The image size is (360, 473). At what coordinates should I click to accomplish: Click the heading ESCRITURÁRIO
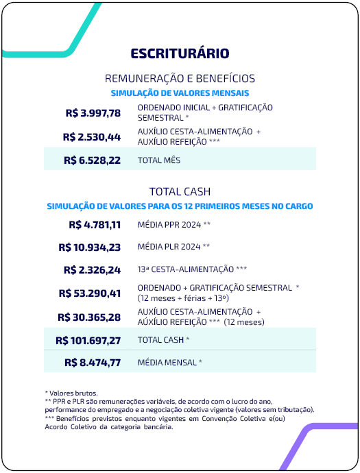coord(180,53)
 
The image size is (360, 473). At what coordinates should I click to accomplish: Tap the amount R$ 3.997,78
coord(92,113)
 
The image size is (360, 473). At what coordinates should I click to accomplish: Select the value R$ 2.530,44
coord(92,136)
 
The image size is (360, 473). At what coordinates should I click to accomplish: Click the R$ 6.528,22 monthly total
coord(92,160)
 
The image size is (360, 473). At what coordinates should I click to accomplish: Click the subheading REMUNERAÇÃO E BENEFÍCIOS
coord(180,78)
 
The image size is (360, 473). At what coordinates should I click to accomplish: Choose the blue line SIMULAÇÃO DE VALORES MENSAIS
coord(180,92)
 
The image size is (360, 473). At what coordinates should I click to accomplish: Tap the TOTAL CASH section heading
coord(180,191)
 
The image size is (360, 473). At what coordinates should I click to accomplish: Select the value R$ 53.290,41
coord(90,293)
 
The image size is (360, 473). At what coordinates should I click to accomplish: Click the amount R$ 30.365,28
coord(90,317)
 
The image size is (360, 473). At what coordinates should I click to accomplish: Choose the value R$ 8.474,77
coord(93,362)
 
